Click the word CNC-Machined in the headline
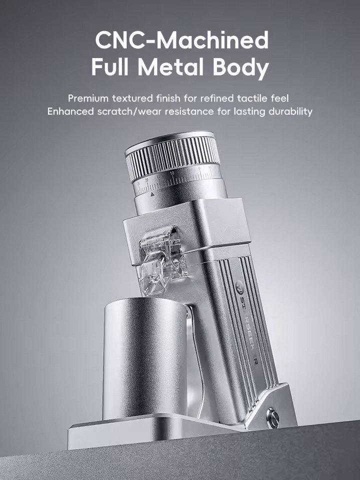pyautogui.click(x=181, y=40)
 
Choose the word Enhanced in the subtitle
pyautogui.click(x=69, y=111)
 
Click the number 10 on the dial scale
pyautogui.click(x=172, y=173)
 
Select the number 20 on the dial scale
pyautogui.click(x=147, y=178)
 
